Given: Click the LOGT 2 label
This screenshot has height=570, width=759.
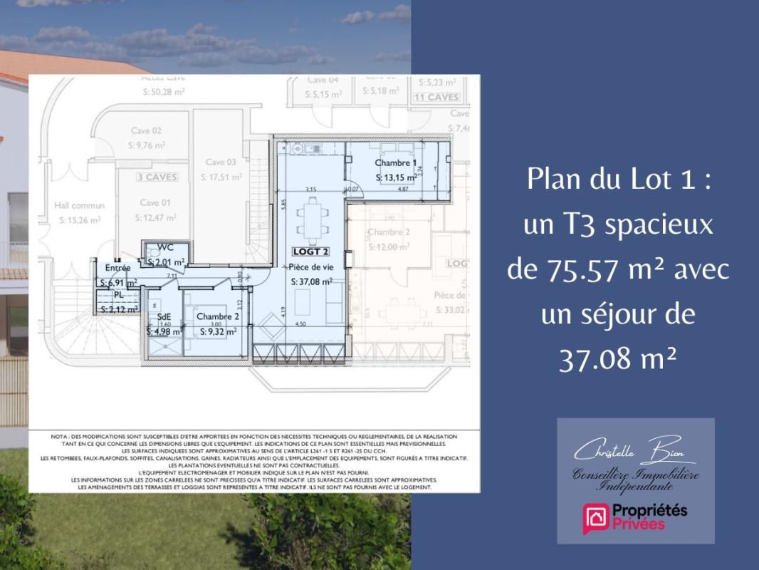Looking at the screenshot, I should [311, 252].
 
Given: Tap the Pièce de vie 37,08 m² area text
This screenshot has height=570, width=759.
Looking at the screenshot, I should [312, 281].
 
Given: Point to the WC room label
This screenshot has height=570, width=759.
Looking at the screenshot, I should [165, 248].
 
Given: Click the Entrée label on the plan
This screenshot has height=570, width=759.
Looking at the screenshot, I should [117, 268].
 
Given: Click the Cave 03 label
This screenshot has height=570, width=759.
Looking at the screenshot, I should [220, 162].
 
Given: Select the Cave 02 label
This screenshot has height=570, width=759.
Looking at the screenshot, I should [146, 130].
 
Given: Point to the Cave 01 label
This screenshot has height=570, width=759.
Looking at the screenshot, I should [155, 202].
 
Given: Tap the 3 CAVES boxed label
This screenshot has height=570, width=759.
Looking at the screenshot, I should [157, 176].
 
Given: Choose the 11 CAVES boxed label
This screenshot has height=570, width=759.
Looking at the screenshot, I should [437, 97].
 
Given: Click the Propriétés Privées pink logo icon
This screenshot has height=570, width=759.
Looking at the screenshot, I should [595, 518].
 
